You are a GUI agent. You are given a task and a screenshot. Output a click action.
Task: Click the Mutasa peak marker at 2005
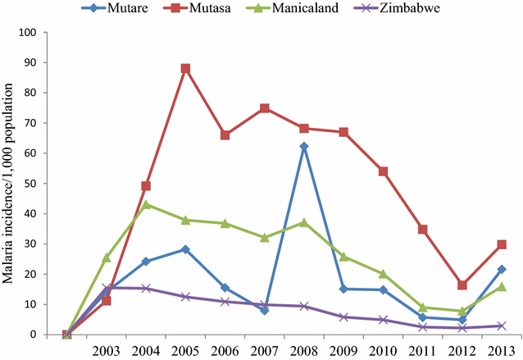(x=186, y=68)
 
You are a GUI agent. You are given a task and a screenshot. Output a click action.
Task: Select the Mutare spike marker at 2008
(x=304, y=146)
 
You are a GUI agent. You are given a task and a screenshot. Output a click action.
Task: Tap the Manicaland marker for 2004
(x=146, y=204)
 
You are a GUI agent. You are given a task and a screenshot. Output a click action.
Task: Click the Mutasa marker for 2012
(x=462, y=285)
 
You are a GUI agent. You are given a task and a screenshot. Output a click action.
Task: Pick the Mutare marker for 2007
(x=265, y=310)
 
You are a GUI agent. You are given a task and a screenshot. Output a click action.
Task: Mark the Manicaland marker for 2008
(x=304, y=222)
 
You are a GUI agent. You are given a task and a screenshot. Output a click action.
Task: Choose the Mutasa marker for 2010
(x=383, y=171)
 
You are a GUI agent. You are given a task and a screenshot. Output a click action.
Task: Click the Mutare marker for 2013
(x=502, y=269)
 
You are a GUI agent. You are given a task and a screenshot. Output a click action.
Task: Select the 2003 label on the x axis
(x=107, y=350)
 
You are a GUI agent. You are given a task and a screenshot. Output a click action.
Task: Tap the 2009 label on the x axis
(x=343, y=350)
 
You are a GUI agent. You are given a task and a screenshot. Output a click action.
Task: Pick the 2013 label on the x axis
(x=502, y=350)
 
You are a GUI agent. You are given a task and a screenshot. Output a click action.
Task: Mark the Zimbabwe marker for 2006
(x=225, y=302)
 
